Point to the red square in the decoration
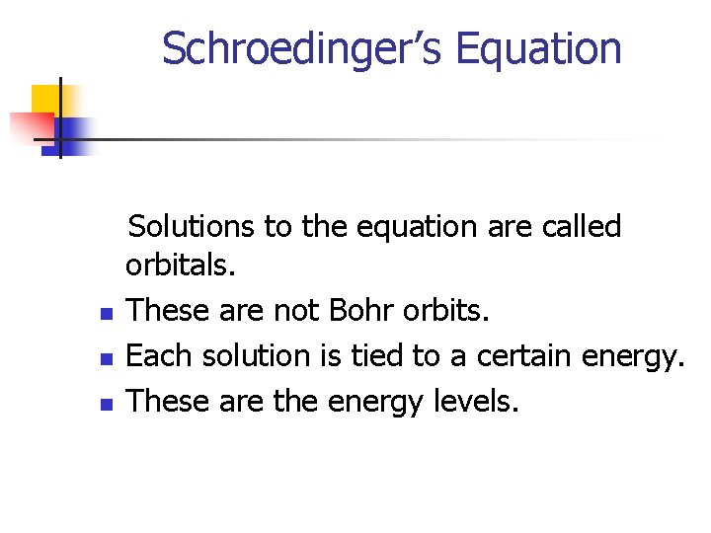29,127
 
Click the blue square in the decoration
74,132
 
